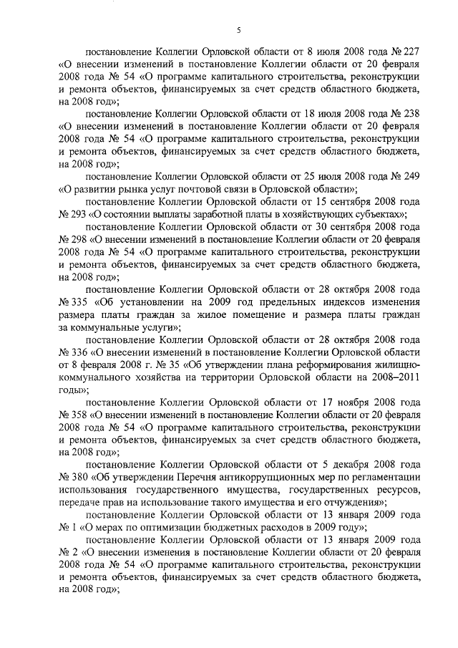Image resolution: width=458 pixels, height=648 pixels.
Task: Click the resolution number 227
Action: (x=409, y=52)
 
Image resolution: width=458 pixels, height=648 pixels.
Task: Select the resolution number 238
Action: (x=409, y=115)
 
